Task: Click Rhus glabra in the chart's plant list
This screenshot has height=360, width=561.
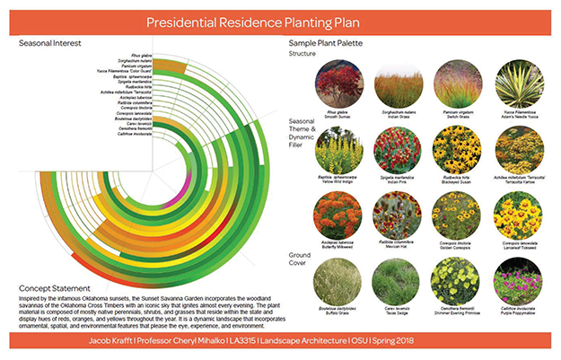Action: point(139,54)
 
